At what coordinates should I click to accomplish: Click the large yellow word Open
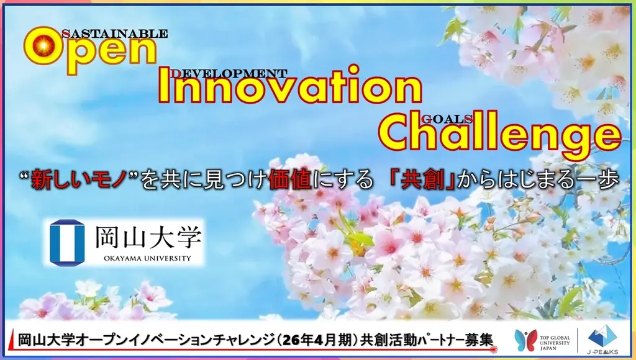pyautogui.click(x=90, y=53)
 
